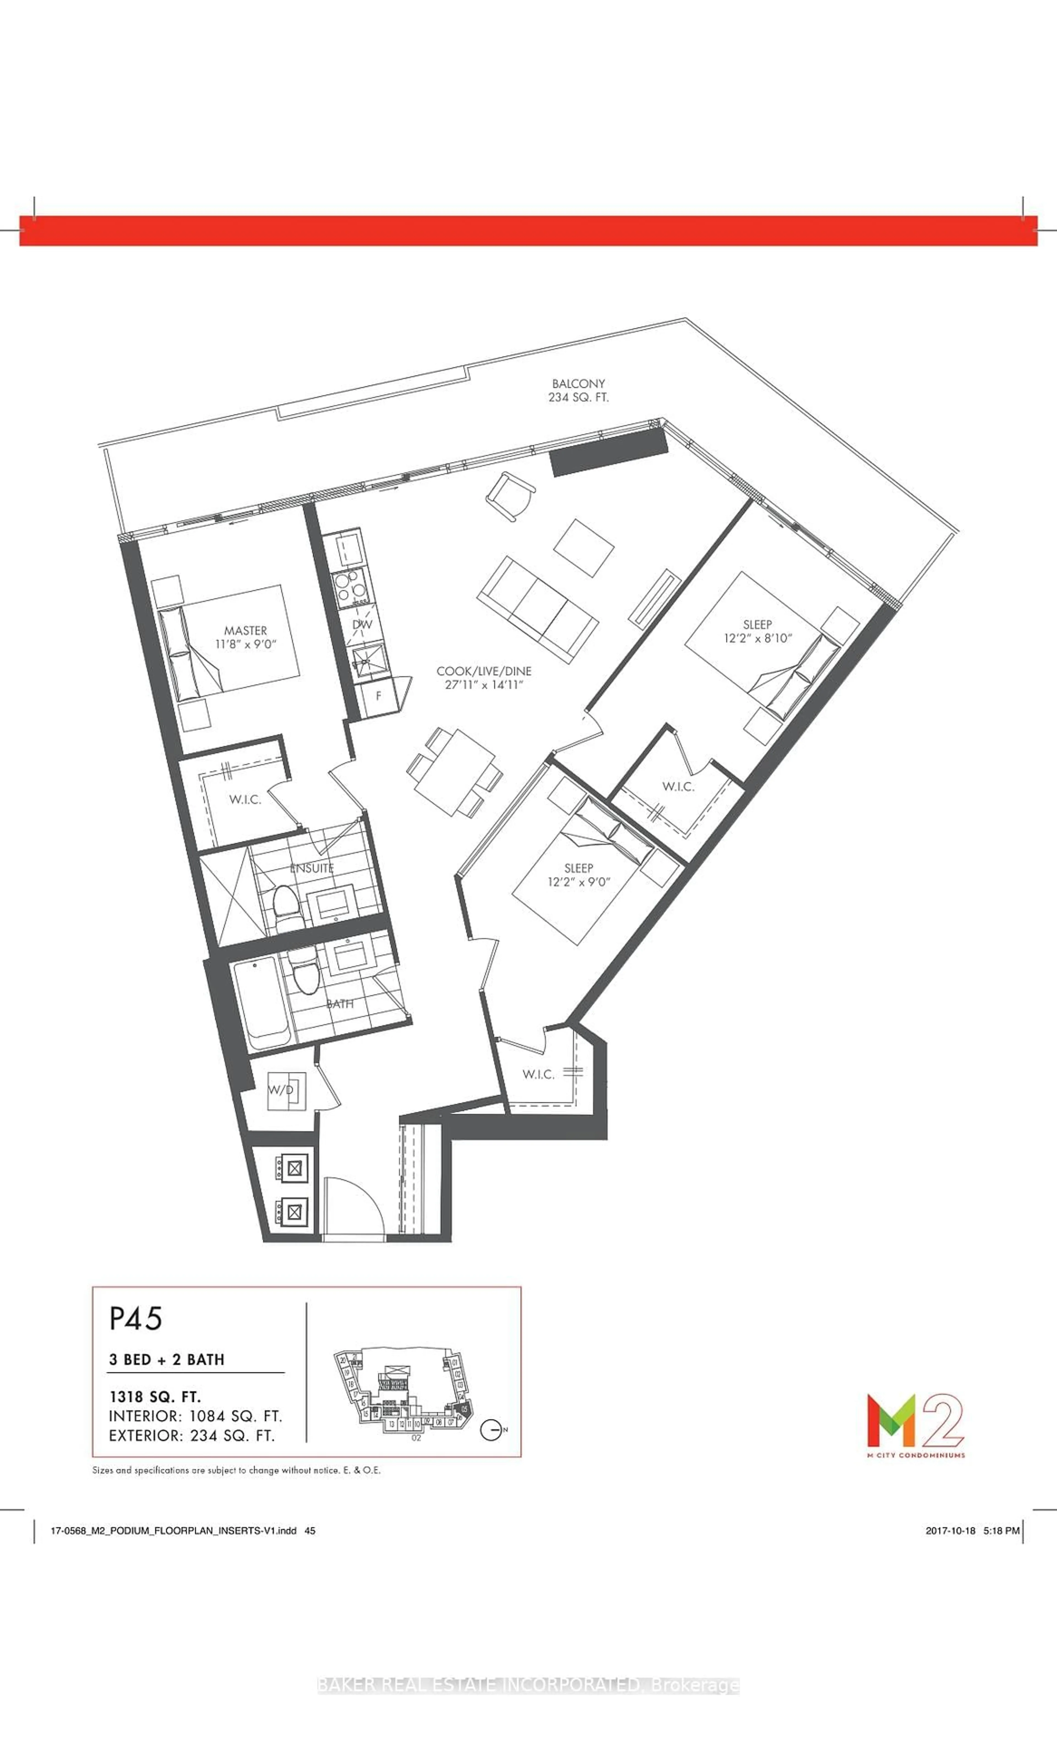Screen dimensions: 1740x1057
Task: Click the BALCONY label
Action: coord(579,383)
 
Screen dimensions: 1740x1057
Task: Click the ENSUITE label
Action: coord(312,868)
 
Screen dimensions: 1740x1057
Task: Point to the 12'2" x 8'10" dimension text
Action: coord(758,638)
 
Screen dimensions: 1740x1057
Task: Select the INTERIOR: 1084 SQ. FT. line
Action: coord(195,1416)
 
